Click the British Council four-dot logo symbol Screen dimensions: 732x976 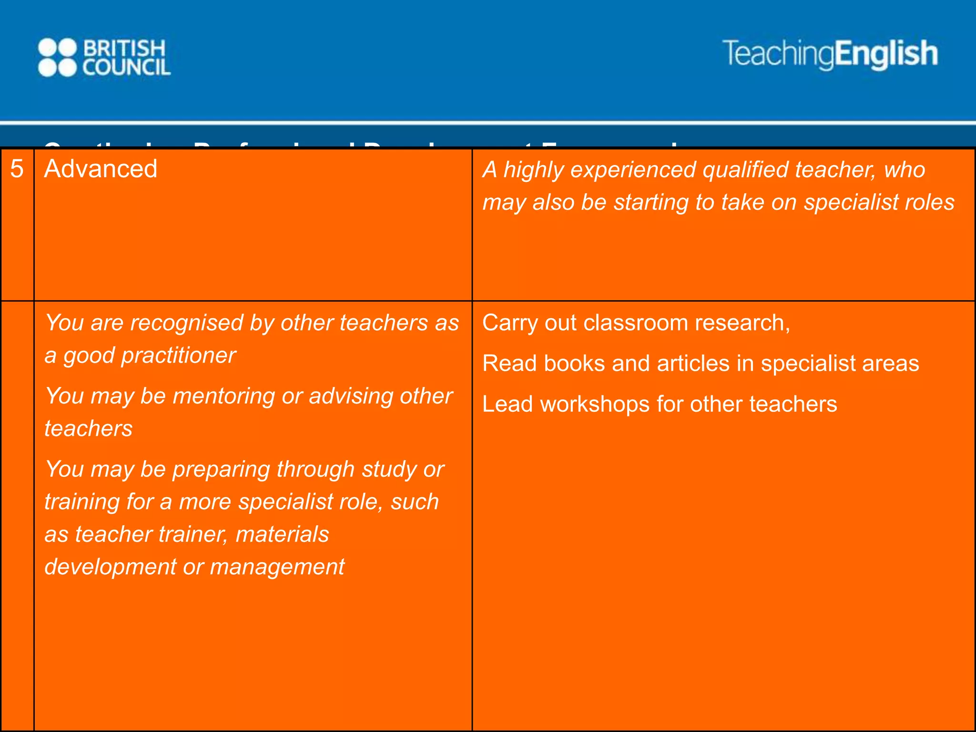57,58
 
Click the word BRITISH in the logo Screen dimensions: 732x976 125,48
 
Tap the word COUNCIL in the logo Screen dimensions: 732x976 127,68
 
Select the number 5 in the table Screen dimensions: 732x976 17,169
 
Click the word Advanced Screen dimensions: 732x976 101,169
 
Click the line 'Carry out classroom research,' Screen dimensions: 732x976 636,323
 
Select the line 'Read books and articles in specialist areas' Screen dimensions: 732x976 701,364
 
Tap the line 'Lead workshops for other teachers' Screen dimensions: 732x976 660,404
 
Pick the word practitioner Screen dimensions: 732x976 178,356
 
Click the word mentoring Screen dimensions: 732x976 223,396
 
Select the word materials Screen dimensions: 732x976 282,535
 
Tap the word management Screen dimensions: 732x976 277,567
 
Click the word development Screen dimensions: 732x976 111,567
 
